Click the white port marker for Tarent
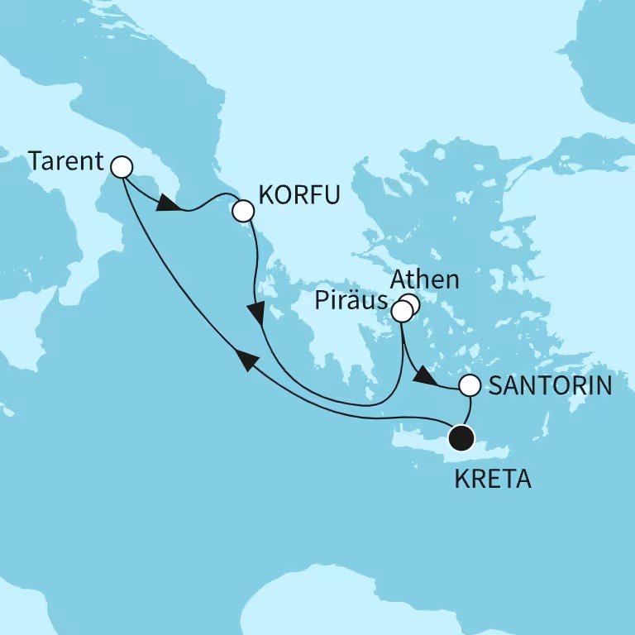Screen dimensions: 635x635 tap(122, 167)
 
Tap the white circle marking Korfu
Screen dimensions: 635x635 tap(242, 212)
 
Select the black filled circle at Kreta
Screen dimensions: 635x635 tap(461, 436)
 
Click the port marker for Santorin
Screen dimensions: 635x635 tap(469, 385)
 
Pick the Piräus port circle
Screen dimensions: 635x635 tap(401, 312)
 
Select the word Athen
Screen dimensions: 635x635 tap(426, 279)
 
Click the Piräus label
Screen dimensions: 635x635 tap(352, 303)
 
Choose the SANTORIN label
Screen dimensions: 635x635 tap(549, 385)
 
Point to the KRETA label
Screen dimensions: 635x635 tap(493, 480)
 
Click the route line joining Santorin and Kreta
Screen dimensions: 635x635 tap(470, 409)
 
